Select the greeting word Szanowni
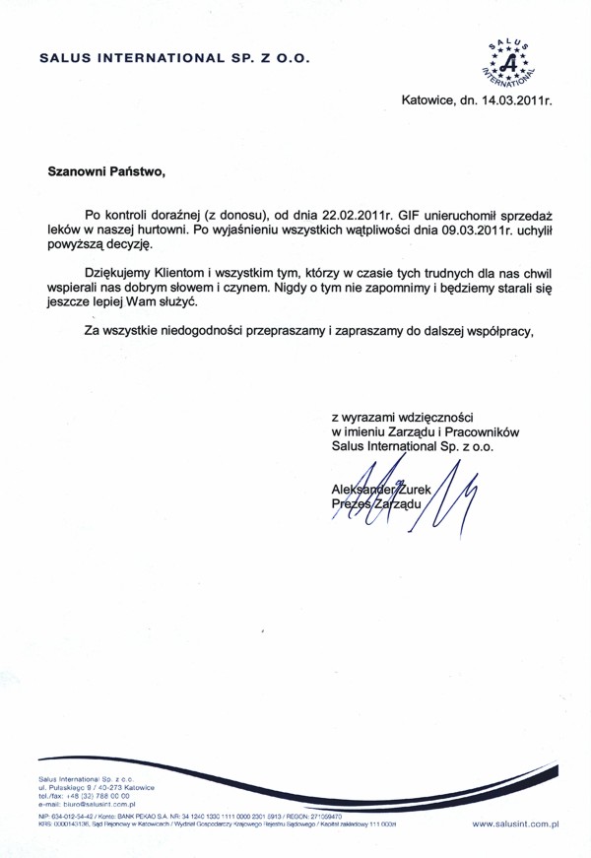pyautogui.click(x=80, y=169)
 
